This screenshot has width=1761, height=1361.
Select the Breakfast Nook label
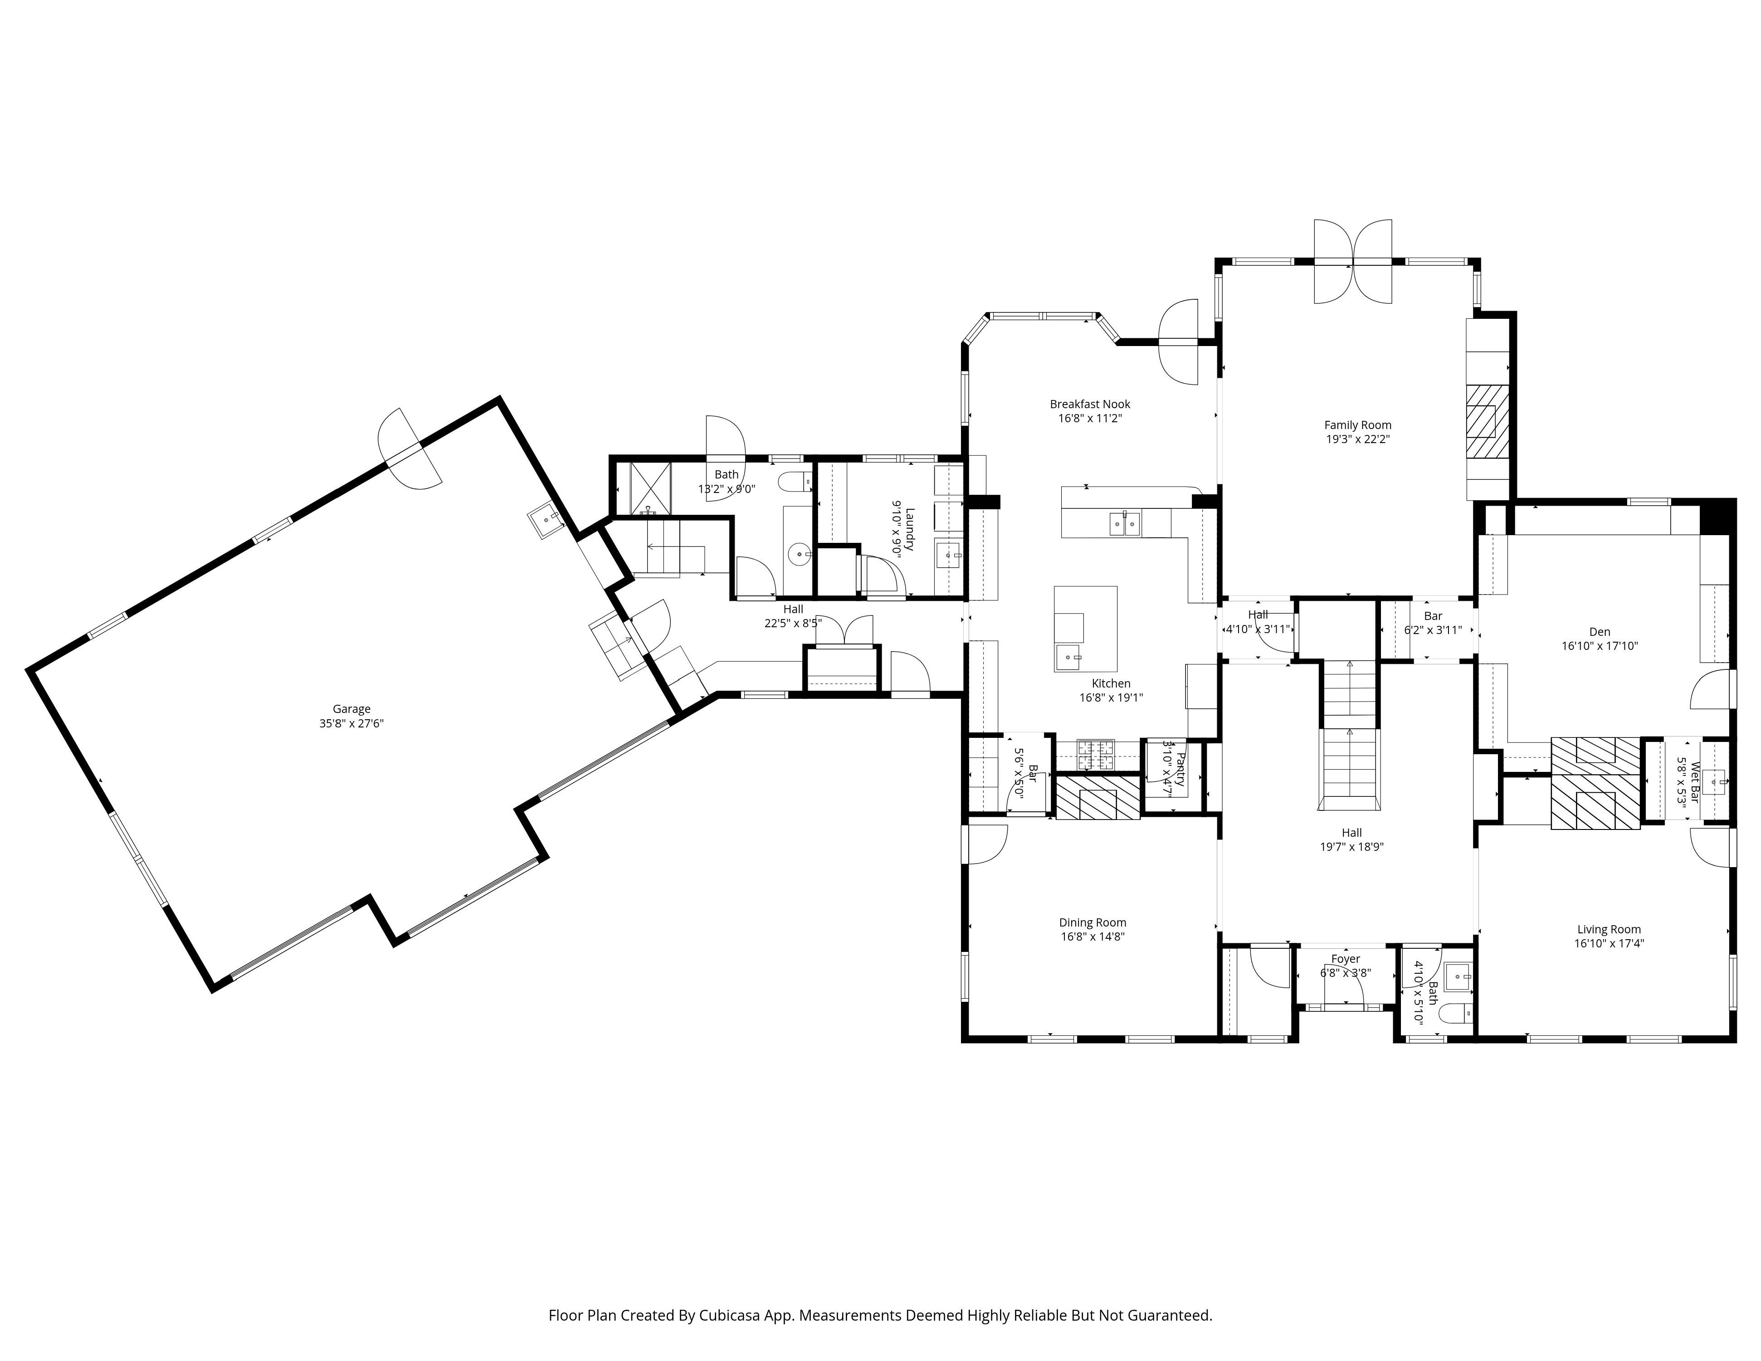(1090, 404)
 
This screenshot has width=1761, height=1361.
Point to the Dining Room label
(1093, 922)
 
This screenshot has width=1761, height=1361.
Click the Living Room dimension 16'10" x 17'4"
(1609, 943)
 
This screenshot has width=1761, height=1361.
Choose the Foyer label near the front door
(1345, 959)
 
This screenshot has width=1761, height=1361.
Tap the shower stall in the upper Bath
(650, 488)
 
